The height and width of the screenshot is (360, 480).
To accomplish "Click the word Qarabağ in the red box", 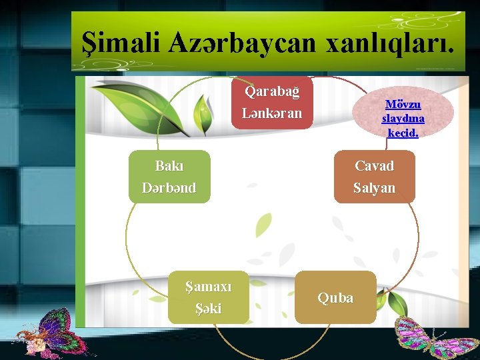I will [272, 91].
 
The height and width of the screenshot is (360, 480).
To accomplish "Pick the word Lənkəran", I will [272, 113].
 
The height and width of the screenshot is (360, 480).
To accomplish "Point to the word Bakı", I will [169, 166].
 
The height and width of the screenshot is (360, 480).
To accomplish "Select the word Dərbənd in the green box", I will [169, 188].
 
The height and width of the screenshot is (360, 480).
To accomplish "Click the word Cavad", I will [374, 166].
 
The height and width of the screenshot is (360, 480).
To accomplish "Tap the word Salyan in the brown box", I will [374, 188].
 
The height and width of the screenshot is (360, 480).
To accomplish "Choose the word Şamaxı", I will [208, 287].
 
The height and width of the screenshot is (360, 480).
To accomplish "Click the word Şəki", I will [208, 309].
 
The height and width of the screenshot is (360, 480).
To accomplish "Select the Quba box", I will [335, 297].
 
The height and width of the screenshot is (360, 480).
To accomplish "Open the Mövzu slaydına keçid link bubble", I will [403, 119].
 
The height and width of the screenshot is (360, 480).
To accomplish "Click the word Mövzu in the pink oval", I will [403, 105].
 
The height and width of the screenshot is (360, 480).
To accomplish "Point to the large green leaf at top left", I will [147, 106].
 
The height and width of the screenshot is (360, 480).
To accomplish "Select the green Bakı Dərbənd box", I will [169, 177].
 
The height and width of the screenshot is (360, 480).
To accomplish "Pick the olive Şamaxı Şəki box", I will [208, 297].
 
